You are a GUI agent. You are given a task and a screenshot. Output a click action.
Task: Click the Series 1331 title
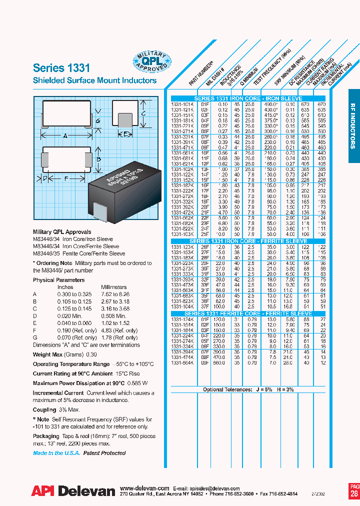(x=61, y=68)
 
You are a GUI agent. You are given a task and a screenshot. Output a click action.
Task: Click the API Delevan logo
(x=73, y=491)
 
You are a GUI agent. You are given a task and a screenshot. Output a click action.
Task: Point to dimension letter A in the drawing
(x=65, y=135)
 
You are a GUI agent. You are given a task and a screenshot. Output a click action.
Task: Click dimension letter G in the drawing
(x=98, y=120)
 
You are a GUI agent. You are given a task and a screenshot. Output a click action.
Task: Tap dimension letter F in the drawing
(x=65, y=178)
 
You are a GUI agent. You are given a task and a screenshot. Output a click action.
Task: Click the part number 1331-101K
(x=181, y=104)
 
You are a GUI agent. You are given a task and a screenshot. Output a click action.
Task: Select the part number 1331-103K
(x=181, y=234)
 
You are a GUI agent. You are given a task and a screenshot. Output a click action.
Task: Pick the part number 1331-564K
(x=181, y=363)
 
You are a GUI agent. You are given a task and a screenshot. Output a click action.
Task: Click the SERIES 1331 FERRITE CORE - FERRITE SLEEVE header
(x=248, y=313)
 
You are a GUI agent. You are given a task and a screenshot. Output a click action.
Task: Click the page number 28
(x=354, y=493)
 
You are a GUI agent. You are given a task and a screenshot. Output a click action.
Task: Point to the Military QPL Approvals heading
(x=62, y=232)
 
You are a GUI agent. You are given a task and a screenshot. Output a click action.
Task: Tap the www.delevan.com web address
(x=145, y=488)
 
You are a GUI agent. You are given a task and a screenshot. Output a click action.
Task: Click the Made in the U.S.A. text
(x=55, y=453)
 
